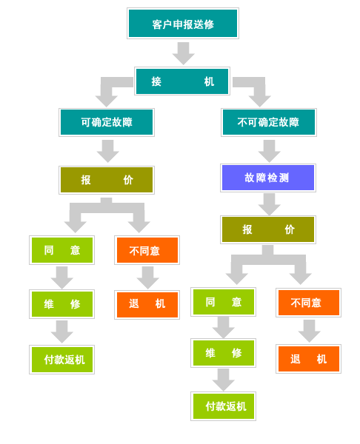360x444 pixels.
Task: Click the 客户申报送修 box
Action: [183, 23]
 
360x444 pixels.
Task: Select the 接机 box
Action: [182, 81]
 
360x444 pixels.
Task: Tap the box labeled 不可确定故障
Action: [269, 122]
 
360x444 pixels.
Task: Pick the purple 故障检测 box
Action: [268, 178]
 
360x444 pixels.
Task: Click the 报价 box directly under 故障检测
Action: [268, 229]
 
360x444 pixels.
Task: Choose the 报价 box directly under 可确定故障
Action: [107, 180]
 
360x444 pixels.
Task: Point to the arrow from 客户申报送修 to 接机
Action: [183, 53]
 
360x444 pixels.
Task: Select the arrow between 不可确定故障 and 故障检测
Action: [270, 151]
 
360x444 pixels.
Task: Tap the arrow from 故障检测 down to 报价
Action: [270, 204]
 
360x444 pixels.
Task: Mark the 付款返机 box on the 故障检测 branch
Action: [224, 406]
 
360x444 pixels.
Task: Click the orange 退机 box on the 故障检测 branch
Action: [308, 359]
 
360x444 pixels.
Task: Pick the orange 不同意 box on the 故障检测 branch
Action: [308, 303]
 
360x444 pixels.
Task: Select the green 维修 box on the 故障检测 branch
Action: [224, 353]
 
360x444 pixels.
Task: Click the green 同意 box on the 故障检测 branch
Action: [224, 302]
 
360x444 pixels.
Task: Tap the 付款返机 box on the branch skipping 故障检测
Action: [61, 360]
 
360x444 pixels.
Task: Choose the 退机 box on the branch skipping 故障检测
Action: [147, 305]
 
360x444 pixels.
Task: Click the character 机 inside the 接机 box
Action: [209, 81]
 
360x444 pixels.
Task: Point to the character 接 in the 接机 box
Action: [156, 81]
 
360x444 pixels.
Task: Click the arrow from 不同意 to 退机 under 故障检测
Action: [310, 331]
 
